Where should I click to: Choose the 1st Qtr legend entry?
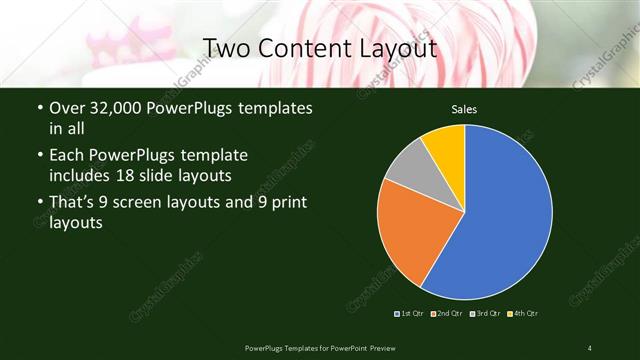click(x=410, y=314)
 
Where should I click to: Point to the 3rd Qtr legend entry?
click(x=485, y=314)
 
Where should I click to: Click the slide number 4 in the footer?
click(x=589, y=347)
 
